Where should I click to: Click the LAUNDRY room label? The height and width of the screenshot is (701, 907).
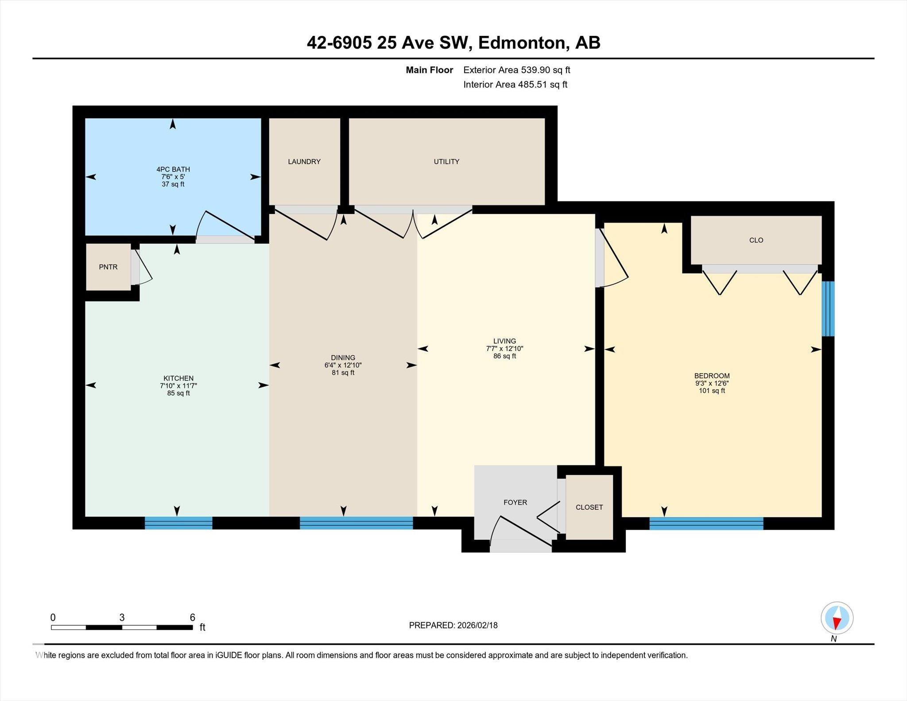[x=304, y=162]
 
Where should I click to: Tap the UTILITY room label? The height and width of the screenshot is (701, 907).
[x=446, y=162]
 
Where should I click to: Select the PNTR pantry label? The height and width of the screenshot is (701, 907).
[x=108, y=267]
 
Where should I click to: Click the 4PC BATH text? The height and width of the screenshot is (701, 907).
[x=173, y=169]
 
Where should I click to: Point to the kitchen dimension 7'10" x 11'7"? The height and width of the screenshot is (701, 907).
[x=178, y=386]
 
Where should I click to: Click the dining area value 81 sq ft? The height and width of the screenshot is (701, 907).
[x=343, y=373]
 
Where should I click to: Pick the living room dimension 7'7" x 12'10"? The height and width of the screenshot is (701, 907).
[x=504, y=349]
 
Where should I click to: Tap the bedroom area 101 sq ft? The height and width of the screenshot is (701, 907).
[x=712, y=391]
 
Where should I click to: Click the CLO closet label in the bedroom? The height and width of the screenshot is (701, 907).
[x=756, y=240]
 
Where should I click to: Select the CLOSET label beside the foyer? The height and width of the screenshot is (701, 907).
[x=589, y=507]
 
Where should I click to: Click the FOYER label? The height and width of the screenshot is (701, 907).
[x=515, y=502]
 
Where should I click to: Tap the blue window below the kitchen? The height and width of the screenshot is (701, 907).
[x=178, y=523]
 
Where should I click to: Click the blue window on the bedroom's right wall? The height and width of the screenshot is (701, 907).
[x=828, y=309]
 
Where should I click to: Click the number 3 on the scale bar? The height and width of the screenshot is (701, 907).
[x=122, y=617]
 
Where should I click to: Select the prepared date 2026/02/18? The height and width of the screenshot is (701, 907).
[x=477, y=625]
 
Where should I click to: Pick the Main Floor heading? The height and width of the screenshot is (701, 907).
[x=429, y=70]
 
